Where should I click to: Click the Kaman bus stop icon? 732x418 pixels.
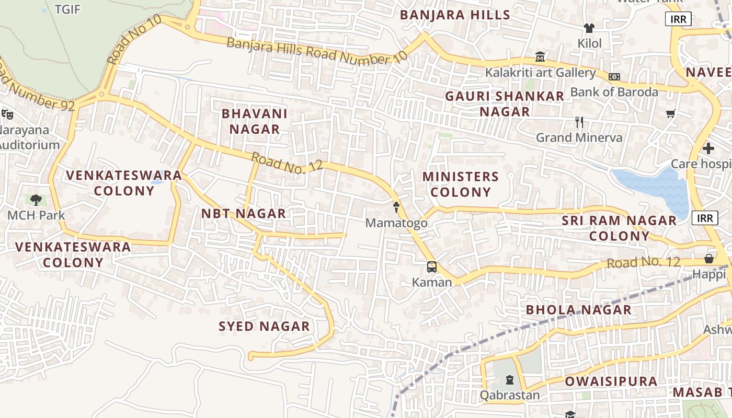[432, 267]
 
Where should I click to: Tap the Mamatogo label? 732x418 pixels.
[396, 223]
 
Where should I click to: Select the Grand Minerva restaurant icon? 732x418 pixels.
[579, 122]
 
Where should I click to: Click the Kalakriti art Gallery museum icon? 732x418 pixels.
[540, 56]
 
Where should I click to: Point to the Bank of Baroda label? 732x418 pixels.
[614, 92]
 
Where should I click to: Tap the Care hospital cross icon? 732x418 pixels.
[708, 148]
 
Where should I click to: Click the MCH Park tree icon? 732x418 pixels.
[36, 200]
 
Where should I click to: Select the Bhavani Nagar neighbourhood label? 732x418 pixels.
[255, 121]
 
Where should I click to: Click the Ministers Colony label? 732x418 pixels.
[461, 184]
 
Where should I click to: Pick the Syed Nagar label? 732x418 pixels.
[264, 327]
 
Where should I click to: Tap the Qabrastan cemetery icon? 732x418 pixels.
[510, 380]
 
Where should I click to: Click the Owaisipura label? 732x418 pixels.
[611, 381]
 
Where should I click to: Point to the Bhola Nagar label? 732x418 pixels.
[578, 310]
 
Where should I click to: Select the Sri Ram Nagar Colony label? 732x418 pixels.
[619, 228]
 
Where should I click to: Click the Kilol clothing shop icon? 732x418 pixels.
[589, 28]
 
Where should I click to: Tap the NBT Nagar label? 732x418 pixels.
[244, 213]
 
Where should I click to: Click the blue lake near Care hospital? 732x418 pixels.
[654, 188]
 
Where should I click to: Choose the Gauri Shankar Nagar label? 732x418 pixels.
[505, 104]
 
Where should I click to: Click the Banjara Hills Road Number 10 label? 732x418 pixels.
[316, 51]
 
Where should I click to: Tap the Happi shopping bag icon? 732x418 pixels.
[708, 259]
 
